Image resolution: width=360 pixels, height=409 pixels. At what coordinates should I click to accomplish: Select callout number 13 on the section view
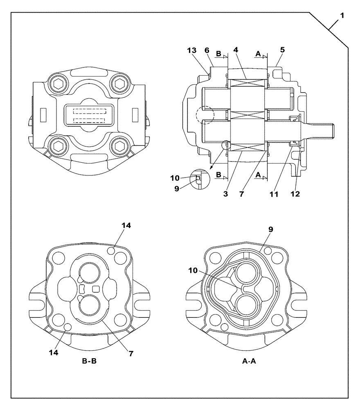coord(191,50)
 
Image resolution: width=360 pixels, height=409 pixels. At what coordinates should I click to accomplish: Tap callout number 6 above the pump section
coord(207,50)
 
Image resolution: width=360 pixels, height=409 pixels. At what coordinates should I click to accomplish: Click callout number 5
coord(283,50)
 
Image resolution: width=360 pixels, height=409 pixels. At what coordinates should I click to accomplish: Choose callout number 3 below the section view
coord(225,194)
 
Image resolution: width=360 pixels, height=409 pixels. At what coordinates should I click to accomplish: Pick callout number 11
coord(274,194)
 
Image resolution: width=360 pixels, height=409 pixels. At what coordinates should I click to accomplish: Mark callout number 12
coord(295,194)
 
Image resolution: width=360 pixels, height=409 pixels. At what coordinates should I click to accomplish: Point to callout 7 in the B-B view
coord(131,354)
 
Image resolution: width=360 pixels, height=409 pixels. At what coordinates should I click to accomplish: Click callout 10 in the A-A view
coord(193,270)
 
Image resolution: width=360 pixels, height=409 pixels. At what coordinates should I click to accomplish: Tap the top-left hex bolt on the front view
coord(58,84)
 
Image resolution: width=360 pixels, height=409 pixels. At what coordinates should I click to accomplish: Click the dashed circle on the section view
coord(204,115)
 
